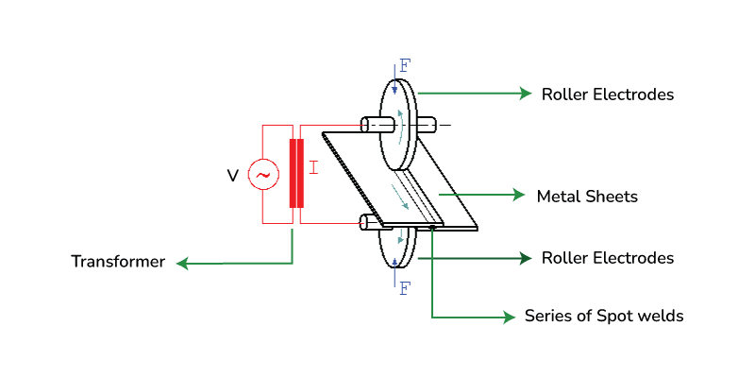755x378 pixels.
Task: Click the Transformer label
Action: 118,262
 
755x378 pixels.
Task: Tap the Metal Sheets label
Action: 587,197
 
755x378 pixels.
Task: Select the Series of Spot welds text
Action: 604,317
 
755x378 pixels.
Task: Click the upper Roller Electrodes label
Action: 608,94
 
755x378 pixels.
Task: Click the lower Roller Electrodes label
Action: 608,258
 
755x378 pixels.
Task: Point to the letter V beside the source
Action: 232,176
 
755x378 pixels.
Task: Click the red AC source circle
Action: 263,175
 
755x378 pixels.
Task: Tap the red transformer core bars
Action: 296,173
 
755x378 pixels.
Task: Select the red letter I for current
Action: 313,168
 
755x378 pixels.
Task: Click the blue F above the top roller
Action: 405,65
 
